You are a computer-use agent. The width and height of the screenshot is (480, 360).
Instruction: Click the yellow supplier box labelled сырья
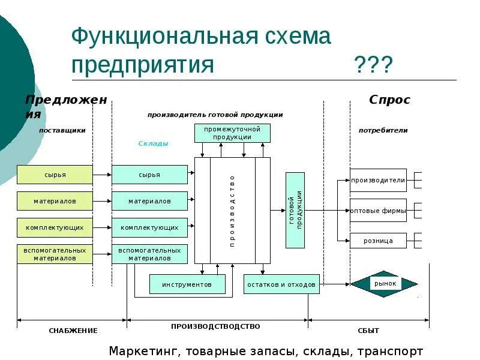pyautogui.click(x=55, y=175)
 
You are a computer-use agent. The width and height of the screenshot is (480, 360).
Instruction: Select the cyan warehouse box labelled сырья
pyautogui.click(x=149, y=175)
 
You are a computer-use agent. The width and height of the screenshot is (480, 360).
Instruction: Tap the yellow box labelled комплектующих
pyautogui.click(x=55, y=227)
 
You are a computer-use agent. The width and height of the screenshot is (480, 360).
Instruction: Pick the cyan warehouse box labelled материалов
pyautogui.click(x=149, y=201)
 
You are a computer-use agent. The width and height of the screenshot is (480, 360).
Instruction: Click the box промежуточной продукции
pyautogui.click(x=232, y=133)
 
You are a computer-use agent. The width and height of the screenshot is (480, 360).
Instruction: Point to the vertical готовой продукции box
pyautogui.click(x=295, y=210)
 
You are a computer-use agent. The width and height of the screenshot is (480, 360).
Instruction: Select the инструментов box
pyautogui.click(x=187, y=284)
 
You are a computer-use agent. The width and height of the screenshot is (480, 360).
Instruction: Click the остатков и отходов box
pyautogui.click(x=281, y=284)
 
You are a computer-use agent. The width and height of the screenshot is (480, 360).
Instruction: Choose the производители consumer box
pyautogui.click(x=378, y=180)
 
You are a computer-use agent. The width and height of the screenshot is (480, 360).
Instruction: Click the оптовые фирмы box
pyautogui.click(x=378, y=211)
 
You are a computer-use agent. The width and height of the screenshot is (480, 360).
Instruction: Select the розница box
pyautogui.click(x=378, y=241)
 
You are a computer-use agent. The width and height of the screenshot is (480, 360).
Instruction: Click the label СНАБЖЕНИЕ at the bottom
pyautogui.click(x=73, y=331)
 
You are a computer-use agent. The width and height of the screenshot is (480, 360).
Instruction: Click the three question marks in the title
pyautogui.click(x=373, y=64)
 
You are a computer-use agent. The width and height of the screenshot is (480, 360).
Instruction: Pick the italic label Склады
pyautogui.click(x=154, y=143)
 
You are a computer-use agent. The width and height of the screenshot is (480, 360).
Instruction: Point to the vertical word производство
pyautogui.click(x=232, y=210)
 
